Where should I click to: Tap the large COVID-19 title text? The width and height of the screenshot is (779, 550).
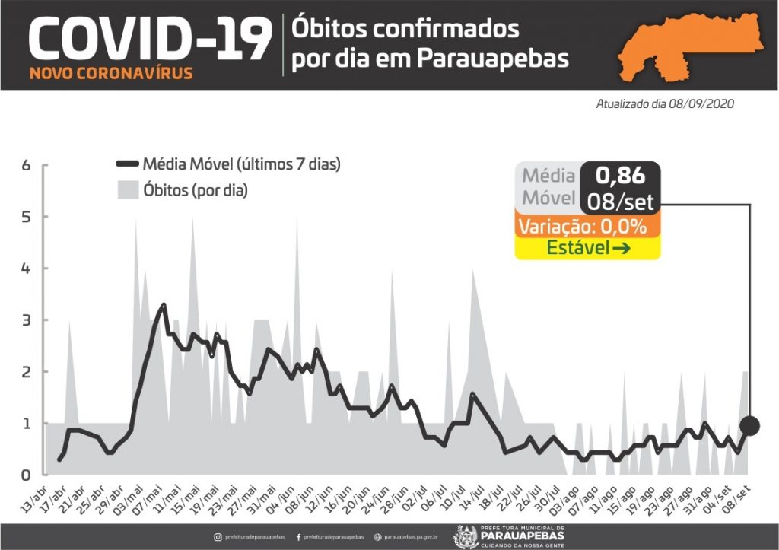149,39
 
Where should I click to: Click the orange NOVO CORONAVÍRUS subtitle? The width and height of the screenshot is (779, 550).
111,75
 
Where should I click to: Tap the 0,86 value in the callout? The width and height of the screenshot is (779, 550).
620,176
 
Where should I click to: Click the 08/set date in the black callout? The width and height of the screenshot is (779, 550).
620,202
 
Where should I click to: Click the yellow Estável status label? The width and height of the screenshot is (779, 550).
587,248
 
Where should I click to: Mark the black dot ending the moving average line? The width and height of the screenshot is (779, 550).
750,425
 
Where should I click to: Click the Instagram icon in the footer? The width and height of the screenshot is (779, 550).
218,537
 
